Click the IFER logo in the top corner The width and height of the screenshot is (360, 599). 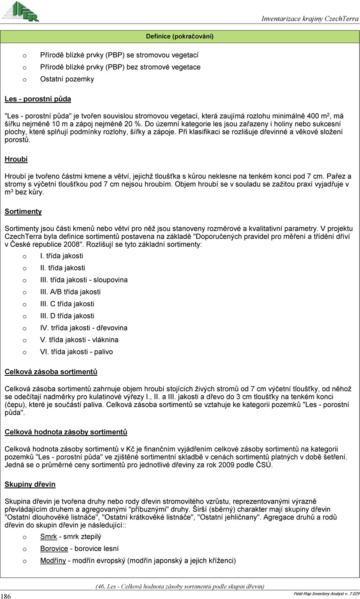click(x=21, y=11)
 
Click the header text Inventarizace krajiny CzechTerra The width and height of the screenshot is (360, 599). click(x=310, y=18)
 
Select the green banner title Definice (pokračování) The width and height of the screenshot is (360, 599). click(x=180, y=36)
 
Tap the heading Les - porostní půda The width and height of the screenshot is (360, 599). click(x=38, y=99)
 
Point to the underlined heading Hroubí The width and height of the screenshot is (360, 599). click(x=16, y=160)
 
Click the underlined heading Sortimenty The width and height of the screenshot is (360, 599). click(x=23, y=212)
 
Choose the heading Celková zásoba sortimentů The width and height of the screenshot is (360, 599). click(x=51, y=372)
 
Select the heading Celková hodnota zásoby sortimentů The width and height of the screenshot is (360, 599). click(x=66, y=432)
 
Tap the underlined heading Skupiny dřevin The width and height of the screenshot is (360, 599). click(x=30, y=485)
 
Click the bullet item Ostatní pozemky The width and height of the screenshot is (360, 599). click(x=67, y=79)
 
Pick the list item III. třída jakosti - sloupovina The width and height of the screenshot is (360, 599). click(x=84, y=280)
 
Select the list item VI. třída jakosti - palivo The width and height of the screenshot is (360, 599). click(x=76, y=352)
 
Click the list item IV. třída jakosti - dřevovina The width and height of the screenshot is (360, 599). click(x=84, y=328)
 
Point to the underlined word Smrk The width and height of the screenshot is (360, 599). click(x=48, y=537)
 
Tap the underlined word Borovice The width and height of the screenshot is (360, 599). click(x=54, y=548)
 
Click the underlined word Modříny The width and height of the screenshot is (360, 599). click(x=53, y=560)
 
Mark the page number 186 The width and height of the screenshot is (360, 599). click(x=6, y=596)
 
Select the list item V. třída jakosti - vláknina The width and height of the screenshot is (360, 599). click(x=79, y=340)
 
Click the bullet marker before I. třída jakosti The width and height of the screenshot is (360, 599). click(x=25, y=256)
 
